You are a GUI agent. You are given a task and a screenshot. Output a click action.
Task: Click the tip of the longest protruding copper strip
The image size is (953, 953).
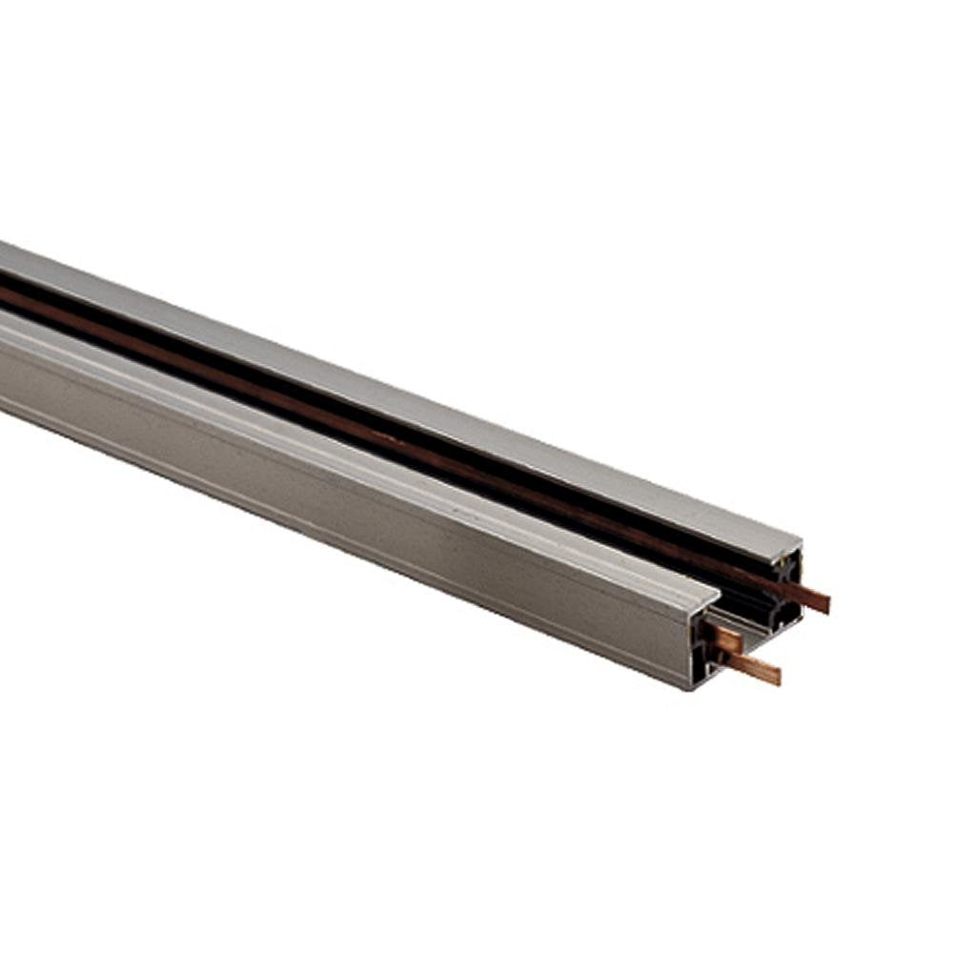(x=824, y=603)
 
